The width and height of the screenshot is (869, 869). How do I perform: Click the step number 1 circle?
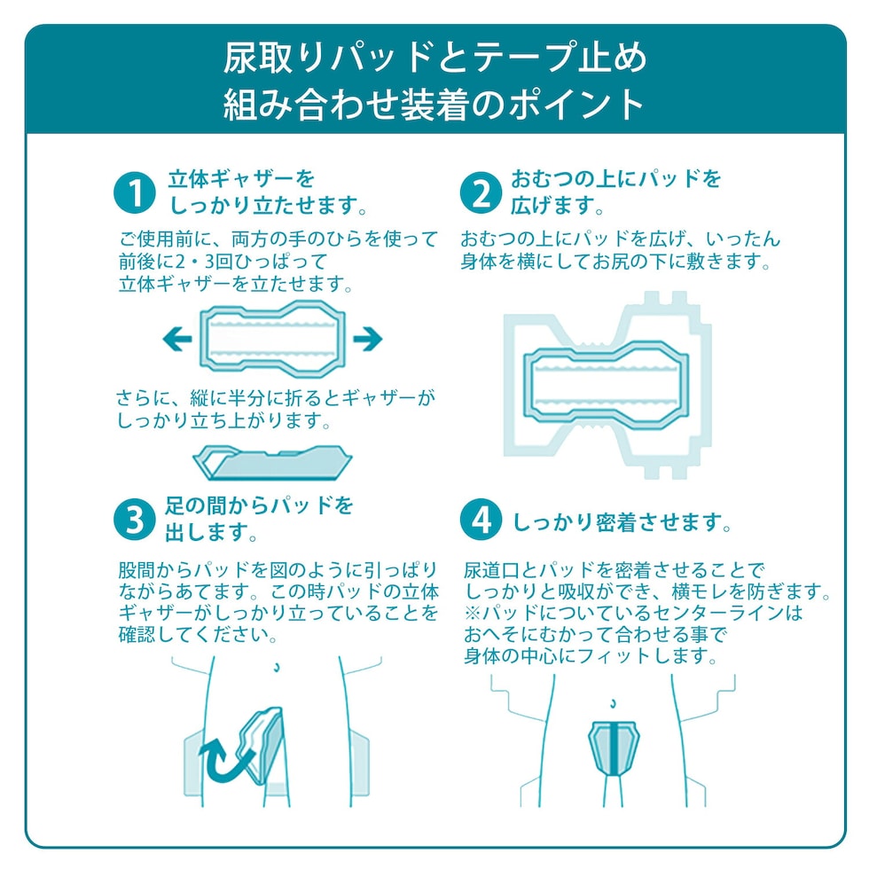[x=134, y=193]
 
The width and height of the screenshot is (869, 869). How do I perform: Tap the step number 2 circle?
[x=481, y=193]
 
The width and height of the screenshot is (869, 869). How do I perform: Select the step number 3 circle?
[x=134, y=520]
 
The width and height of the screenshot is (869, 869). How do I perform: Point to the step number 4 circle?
[x=481, y=520]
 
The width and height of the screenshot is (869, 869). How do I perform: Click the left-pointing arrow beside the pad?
[x=177, y=339]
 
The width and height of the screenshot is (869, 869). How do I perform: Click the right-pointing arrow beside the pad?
[x=367, y=339]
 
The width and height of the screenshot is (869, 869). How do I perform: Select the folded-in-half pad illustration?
[x=272, y=462]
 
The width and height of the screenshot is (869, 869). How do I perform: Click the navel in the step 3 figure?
[x=277, y=667]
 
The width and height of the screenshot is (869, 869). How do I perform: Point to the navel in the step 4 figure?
[x=613, y=704]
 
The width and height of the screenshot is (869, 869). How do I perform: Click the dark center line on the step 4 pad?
[x=614, y=748]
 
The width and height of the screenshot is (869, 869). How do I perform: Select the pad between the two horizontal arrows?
[x=273, y=339]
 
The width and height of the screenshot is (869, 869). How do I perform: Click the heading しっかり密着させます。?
[x=622, y=522]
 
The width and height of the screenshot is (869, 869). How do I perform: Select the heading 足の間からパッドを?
[x=259, y=505]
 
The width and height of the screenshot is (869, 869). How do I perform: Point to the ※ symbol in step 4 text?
[x=473, y=613]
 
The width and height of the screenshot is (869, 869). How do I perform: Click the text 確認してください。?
[x=198, y=634]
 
